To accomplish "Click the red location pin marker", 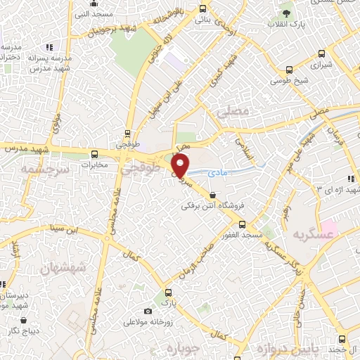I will point(181,165).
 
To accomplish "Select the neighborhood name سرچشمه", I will point(44,169).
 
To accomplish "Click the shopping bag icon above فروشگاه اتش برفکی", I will point(213,195).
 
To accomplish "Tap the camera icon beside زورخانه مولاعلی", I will point(148,311).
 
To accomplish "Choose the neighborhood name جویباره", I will point(200,347).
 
